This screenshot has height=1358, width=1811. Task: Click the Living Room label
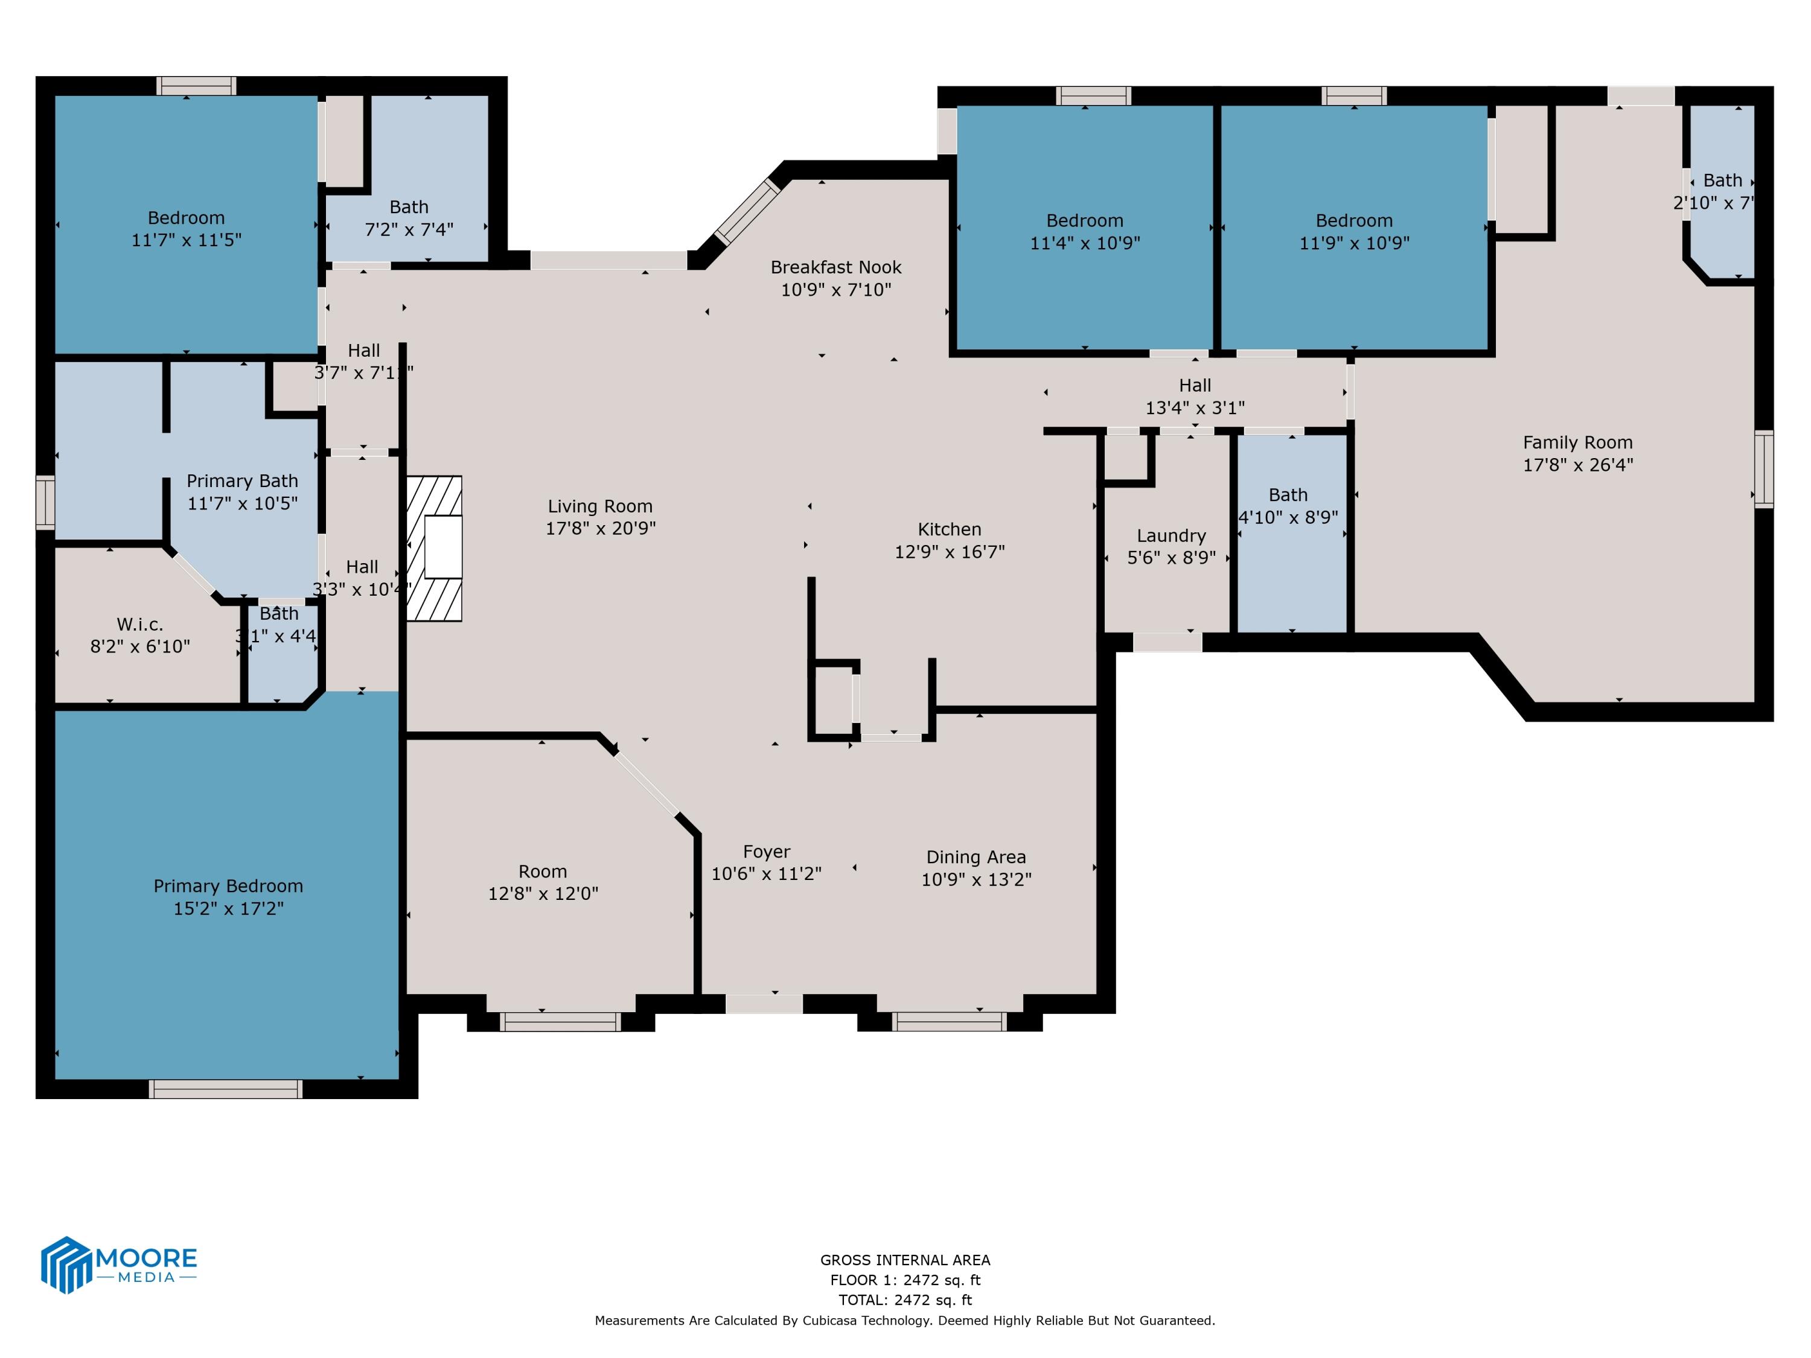click(599, 506)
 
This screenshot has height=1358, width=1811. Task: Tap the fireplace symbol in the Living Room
click(435, 549)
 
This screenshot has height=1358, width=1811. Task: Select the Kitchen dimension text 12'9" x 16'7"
click(949, 552)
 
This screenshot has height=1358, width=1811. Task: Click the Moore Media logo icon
click(65, 1264)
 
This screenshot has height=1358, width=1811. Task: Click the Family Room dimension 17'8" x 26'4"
click(1577, 465)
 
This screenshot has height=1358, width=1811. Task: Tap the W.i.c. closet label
click(139, 625)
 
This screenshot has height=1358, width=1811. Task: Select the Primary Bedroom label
click(228, 885)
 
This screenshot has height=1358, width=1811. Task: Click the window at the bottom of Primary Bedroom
click(225, 1089)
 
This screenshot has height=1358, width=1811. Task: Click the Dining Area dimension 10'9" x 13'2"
click(976, 879)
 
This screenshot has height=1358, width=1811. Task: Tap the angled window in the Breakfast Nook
click(747, 212)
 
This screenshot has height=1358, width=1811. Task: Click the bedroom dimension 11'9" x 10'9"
click(1353, 243)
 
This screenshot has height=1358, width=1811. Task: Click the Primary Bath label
click(241, 480)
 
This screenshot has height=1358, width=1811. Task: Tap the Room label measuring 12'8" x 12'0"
click(542, 871)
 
